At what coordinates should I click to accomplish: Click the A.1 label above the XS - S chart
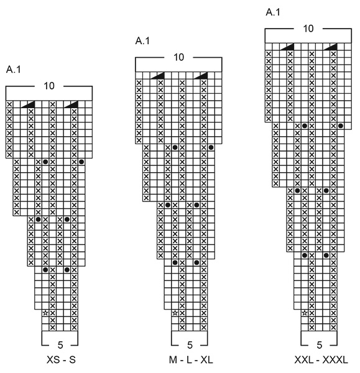[x=14, y=70]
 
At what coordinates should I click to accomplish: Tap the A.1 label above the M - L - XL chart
[x=143, y=41]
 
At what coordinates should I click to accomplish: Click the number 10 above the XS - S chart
[x=49, y=86]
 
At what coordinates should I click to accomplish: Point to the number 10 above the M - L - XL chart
[x=178, y=58]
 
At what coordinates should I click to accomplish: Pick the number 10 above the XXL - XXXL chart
[x=309, y=29]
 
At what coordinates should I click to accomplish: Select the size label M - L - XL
[x=190, y=360]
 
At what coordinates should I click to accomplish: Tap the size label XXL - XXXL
[x=321, y=360]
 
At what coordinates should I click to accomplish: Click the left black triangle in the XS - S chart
[x=29, y=104]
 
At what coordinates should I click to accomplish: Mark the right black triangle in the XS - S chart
[x=72, y=104]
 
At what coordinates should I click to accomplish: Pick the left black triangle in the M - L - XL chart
[x=158, y=75]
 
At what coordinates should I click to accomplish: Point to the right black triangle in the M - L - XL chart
[x=201, y=75]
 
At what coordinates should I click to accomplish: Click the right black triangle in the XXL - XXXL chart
[x=331, y=47]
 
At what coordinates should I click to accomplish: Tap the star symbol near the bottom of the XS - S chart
[x=45, y=313]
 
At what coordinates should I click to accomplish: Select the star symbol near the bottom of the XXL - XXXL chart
[x=305, y=313]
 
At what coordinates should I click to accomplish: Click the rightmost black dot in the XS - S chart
[x=81, y=162]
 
